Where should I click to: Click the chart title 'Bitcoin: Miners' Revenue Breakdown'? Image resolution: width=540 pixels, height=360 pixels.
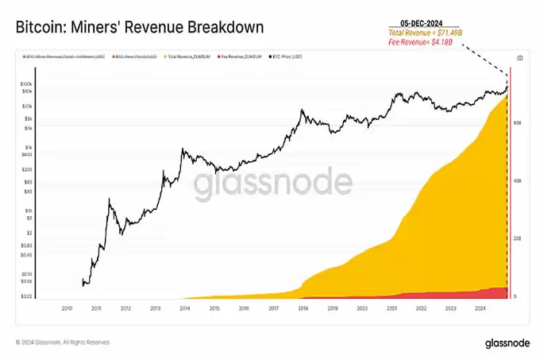coord(140,27)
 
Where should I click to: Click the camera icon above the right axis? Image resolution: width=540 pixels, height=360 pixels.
coord(519,58)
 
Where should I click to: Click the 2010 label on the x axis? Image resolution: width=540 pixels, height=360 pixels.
coord(67,307)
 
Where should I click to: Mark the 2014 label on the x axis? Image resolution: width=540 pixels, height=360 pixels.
coord(184,307)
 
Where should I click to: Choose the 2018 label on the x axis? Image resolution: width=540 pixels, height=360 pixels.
coord(303,307)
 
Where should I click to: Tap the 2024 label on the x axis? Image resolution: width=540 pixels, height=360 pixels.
coord(479,307)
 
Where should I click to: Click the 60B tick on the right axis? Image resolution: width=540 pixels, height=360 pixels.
coord(517,122)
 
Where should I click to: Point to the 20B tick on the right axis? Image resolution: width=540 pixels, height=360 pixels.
coord(517,238)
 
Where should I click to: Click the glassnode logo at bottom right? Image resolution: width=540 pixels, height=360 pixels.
coord(503,343)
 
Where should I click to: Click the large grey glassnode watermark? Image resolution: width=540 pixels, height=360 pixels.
coord(273,183)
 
